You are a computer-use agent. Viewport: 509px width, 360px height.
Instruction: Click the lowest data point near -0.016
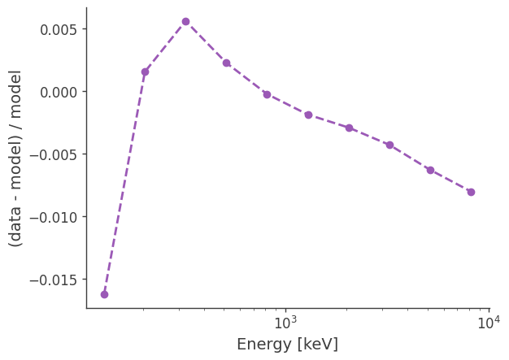(104, 294)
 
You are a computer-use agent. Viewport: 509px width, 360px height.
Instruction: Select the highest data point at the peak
(185, 21)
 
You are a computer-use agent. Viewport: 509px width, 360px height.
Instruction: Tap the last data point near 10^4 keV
(471, 192)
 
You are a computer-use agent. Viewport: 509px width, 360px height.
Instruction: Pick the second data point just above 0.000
(145, 72)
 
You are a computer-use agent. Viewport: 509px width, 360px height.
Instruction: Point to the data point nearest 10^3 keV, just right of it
(308, 115)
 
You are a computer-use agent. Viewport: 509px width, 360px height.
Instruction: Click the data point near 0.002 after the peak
(226, 63)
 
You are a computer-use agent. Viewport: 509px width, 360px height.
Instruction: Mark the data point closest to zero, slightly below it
(267, 94)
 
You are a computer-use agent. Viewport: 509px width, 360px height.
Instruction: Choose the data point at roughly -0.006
(430, 170)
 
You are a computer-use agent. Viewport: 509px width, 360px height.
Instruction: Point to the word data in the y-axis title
(16, 219)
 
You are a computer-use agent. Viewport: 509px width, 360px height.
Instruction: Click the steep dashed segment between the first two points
(124, 183)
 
